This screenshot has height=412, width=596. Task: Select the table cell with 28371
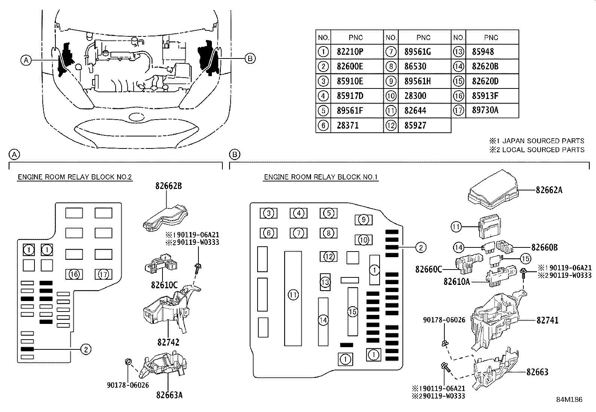tap(347, 126)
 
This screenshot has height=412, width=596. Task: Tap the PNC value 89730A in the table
tap(485, 111)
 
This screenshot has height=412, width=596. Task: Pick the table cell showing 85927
tap(415, 126)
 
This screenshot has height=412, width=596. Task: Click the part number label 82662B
tap(169, 186)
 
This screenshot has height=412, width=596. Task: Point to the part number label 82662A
tap(549, 190)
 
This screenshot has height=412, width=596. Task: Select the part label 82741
tap(547, 320)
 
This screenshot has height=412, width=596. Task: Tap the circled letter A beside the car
tap(25, 60)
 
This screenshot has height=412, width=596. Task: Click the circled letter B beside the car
tap(250, 58)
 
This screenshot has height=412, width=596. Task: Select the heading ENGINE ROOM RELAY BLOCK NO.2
tap(74, 177)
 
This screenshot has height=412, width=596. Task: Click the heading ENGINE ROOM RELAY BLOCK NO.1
tap(321, 177)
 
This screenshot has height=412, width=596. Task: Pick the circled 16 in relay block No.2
tap(74, 274)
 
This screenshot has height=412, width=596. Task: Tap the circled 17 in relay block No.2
tap(103, 274)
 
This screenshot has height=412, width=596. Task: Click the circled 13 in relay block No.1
tap(325, 282)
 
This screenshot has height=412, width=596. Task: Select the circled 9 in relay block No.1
tap(363, 220)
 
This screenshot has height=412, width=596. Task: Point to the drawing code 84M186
tap(569, 400)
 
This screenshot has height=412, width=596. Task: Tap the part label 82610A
tap(456, 282)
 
